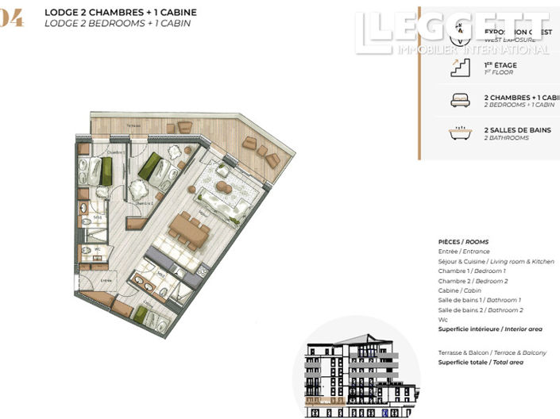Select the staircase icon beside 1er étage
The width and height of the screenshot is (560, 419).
click(459, 68)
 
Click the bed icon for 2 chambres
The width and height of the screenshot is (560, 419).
click(459, 100)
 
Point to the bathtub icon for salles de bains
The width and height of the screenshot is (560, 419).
click(459, 133)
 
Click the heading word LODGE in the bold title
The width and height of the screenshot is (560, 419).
click(61, 13)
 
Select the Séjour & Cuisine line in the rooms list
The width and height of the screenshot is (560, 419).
click(496, 261)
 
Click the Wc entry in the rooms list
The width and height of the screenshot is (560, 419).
click(442, 320)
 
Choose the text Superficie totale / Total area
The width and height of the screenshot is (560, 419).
click(481, 362)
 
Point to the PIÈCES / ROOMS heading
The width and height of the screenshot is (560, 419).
click(463, 241)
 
